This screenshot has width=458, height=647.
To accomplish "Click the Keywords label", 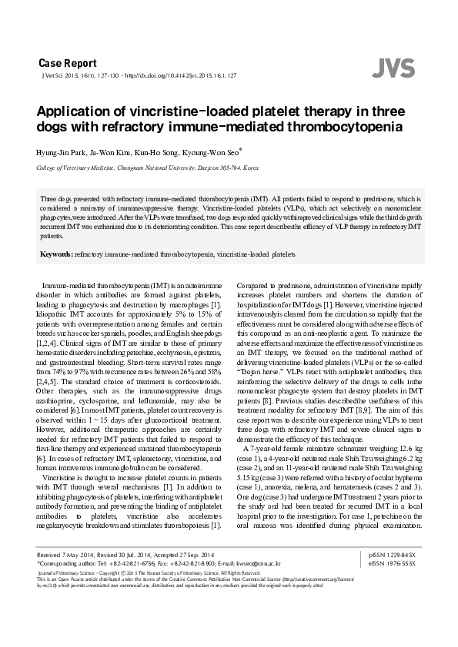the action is coord(56,253).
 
